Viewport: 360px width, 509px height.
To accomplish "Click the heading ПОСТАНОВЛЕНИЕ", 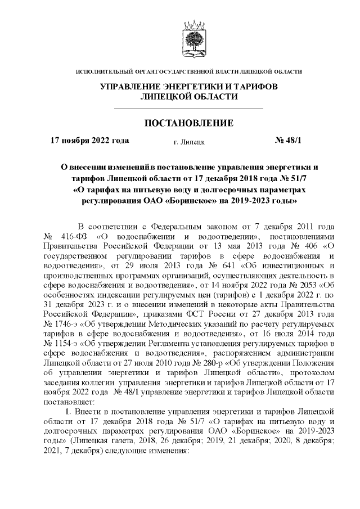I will (188, 123).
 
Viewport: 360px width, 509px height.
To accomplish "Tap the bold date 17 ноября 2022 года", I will (89, 141).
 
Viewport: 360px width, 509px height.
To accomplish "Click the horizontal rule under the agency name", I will (188, 108).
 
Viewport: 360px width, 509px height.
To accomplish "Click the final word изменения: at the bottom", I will (167, 451).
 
